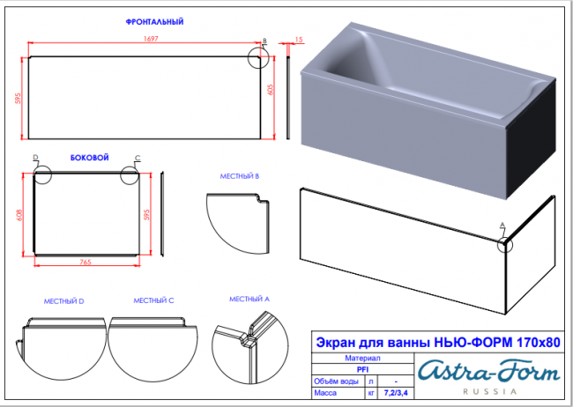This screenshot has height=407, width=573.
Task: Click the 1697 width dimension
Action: coord(151,39)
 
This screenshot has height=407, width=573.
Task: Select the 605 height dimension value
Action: coord(271,90)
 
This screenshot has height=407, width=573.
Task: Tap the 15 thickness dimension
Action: coord(299,39)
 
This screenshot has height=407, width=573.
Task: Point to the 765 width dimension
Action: coord(86,262)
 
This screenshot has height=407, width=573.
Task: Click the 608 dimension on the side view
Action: coord(19,215)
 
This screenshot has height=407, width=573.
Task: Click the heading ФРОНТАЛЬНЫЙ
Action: coord(154,22)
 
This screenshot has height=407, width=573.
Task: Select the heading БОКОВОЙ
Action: coord(90,158)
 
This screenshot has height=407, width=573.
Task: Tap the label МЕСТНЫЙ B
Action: coord(240,176)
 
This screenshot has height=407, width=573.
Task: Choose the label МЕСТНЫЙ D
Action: coord(64,301)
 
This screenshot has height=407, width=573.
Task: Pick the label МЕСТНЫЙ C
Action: coord(153,300)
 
